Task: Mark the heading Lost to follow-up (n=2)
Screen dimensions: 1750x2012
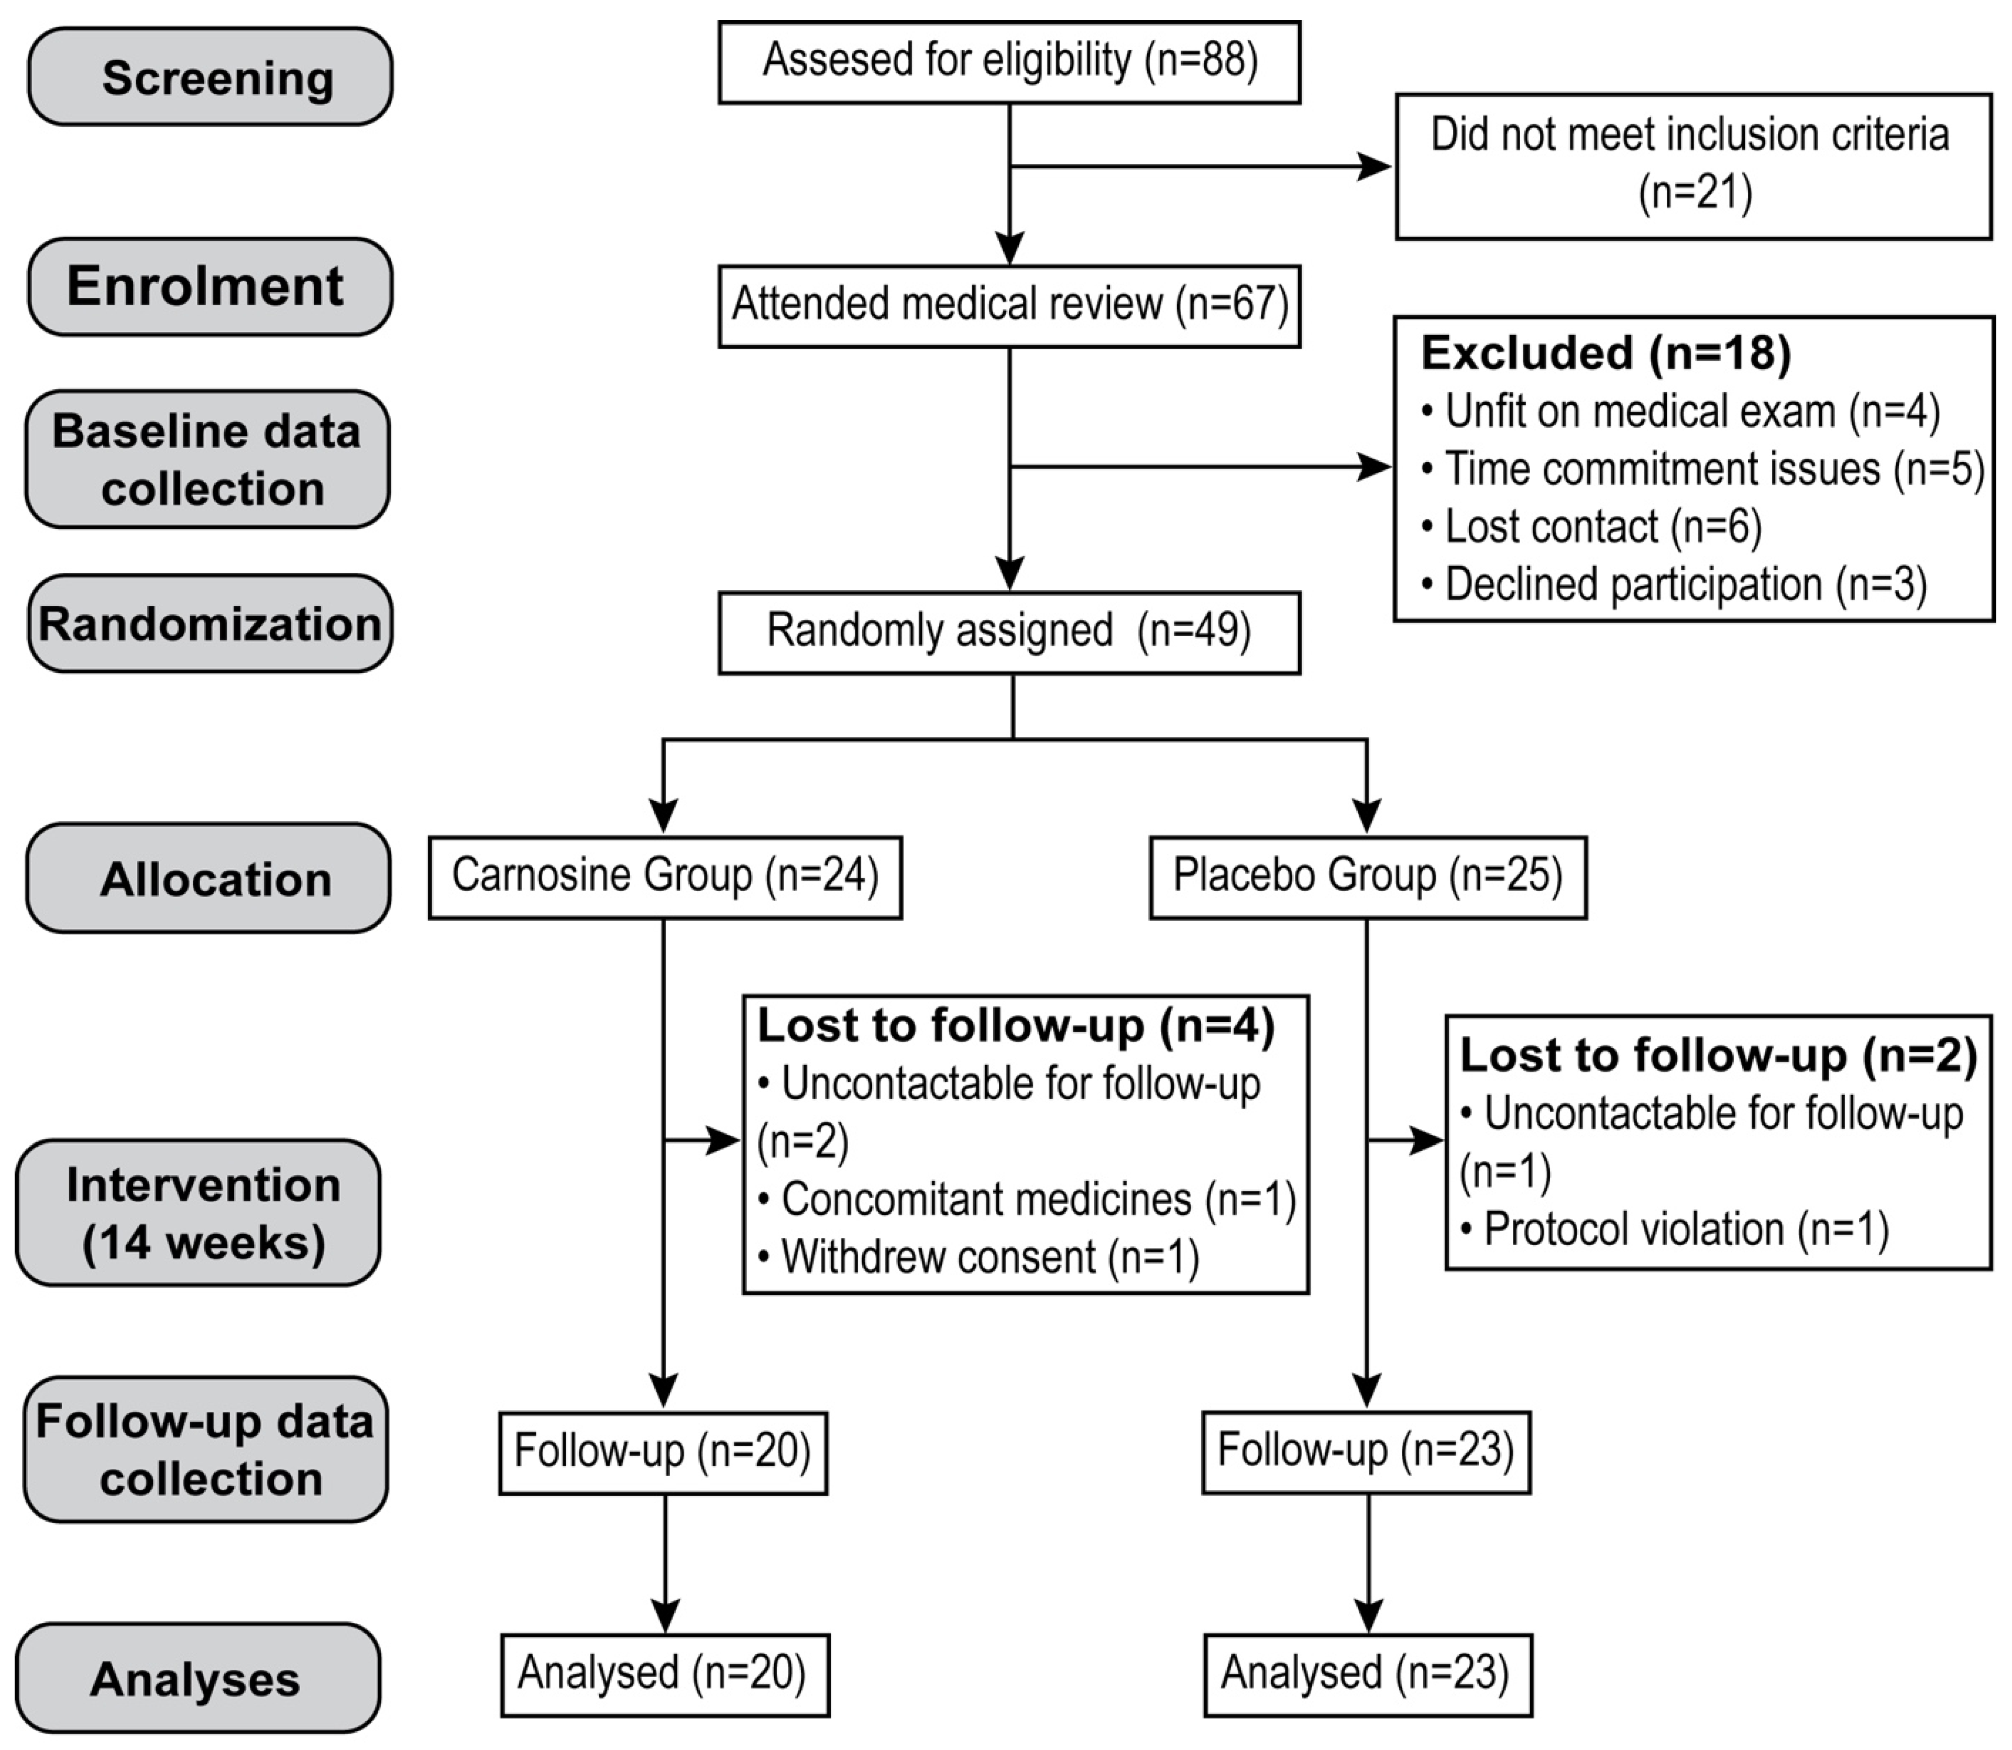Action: (1717, 1056)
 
